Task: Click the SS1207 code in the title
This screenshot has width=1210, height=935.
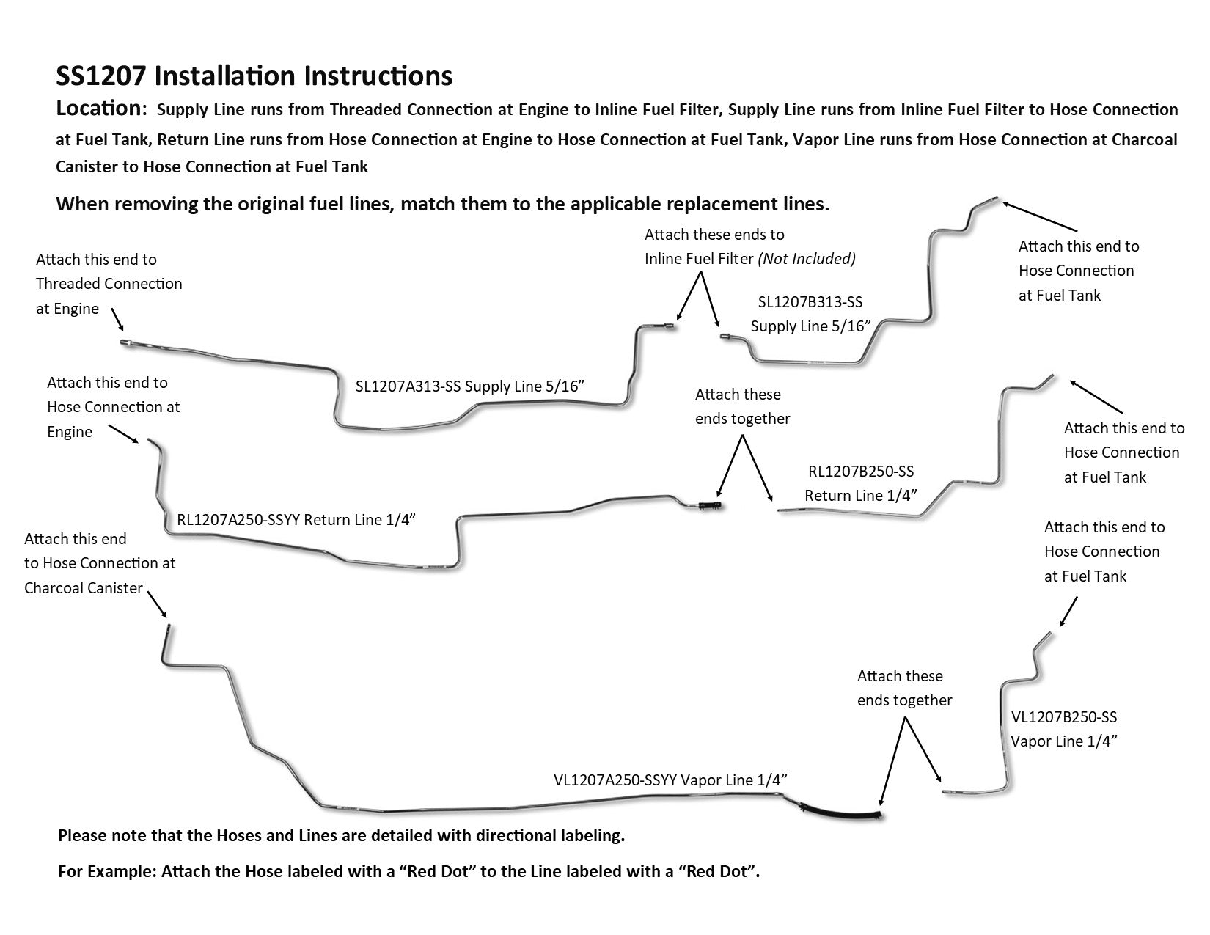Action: coord(102,76)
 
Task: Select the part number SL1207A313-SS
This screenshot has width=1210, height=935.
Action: coord(408,386)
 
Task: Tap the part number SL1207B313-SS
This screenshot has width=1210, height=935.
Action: coord(810,301)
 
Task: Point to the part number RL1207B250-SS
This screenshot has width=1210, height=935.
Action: coord(861,472)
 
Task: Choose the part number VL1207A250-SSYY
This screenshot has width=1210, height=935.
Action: coord(615,780)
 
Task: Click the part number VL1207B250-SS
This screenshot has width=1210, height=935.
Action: coord(1063,716)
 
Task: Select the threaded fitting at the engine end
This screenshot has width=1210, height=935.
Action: coord(126,342)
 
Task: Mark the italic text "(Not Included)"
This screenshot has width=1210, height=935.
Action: coord(807,259)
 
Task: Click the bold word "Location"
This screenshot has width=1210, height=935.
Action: coord(98,109)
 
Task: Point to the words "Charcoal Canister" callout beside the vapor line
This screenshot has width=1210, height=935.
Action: coord(83,588)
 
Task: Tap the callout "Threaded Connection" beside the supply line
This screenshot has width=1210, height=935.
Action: coord(109,284)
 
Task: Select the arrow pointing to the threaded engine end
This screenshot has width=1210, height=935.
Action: coord(117,320)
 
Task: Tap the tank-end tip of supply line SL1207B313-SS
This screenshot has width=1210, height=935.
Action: coord(993,198)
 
